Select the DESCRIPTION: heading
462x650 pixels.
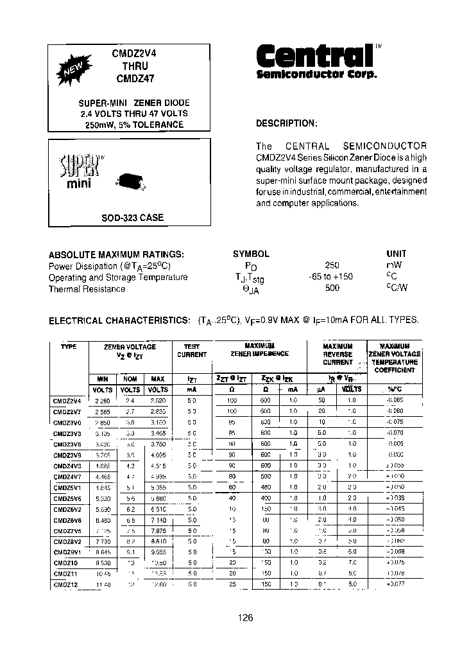coord(286,123)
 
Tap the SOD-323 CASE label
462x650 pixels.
coord(132,218)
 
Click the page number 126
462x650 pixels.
coord(246,617)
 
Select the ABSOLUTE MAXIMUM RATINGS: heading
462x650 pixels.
coord(117,254)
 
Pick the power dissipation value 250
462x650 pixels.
coord(332,265)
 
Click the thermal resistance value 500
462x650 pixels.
coord(332,288)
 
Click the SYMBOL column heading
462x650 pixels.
coord(250,254)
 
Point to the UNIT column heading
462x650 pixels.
coord(396,254)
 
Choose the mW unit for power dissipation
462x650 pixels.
coord(395,265)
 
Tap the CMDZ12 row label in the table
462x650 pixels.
coord(65,584)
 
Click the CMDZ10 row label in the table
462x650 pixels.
coord(65,563)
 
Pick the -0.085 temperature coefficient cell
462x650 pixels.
coord(395,400)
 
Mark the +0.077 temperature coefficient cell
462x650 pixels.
coord(395,584)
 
